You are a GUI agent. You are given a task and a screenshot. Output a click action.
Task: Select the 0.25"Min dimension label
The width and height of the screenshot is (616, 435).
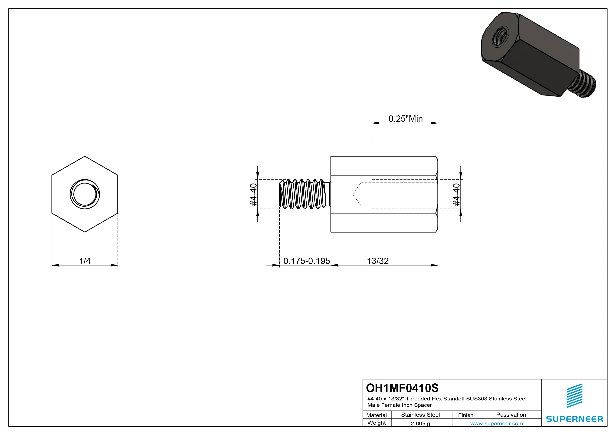click(x=405, y=119)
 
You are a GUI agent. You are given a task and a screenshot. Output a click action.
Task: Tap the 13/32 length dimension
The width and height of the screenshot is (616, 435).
click(x=378, y=261)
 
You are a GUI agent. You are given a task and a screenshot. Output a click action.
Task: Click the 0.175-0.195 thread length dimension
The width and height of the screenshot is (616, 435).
click(x=306, y=261)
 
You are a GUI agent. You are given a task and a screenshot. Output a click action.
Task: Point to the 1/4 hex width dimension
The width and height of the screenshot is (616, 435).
click(x=85, y=261)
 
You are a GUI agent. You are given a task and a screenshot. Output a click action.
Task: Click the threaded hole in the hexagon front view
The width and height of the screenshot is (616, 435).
click(x=85, y=194)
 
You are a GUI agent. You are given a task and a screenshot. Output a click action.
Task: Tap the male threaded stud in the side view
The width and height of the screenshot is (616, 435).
click(x=303, y=194)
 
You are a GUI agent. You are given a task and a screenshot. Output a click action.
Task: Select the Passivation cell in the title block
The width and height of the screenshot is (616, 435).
click(x=511, y=415)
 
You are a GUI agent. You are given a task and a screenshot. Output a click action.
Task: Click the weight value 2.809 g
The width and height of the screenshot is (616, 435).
click(x=420, y=423)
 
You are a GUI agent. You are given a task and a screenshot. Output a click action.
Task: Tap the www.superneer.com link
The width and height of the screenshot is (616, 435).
click(x=497, y=423)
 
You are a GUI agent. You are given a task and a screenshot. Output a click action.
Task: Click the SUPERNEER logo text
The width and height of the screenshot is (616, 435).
click(x=574, y=419)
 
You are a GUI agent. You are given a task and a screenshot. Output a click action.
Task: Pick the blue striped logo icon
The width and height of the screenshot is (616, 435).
click(x=574, y=396)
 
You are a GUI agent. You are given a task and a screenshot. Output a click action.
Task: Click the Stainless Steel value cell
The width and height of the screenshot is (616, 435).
click(x=420, y=415)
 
